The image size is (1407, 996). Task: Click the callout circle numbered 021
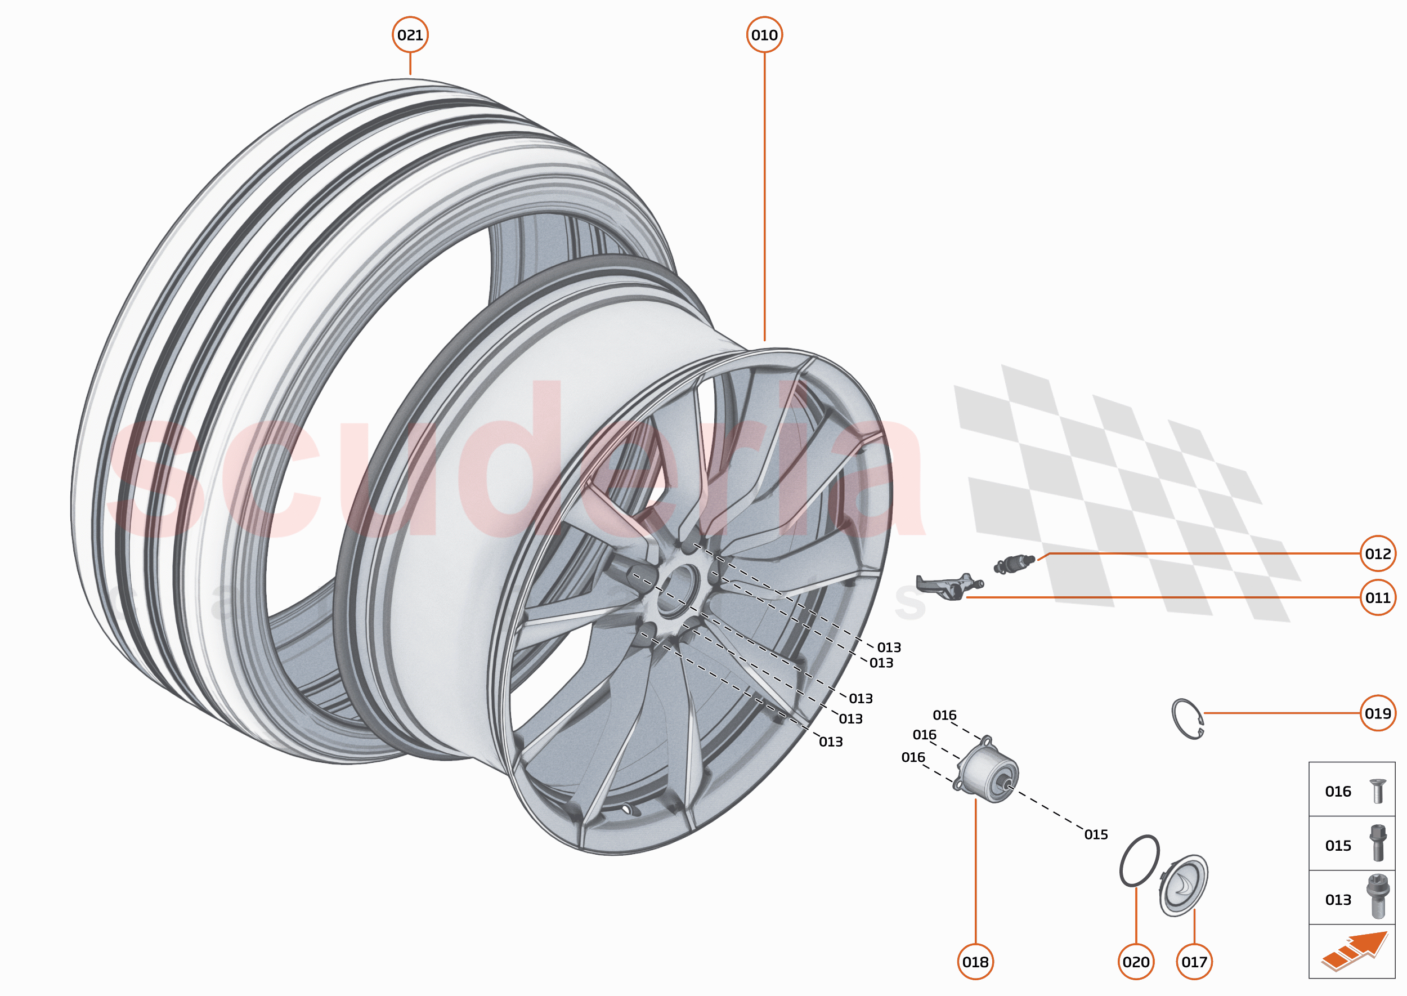[x=410, y=35]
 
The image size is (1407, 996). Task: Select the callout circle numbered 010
[x=764, y=35]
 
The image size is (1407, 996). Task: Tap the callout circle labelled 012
[x=1378, y=554]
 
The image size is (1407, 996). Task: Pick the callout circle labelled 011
[x=1378, y=598]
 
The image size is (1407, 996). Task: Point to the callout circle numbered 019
[x=1378, y=713]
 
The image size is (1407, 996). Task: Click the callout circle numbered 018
[x=975, y=962]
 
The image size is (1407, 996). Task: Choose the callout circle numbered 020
[x=1136, y=962]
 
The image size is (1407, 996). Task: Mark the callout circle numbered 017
[x=1194, y=962]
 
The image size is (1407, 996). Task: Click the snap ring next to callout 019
[x=1187, y=719]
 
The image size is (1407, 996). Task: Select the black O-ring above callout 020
[x=1139, y=860]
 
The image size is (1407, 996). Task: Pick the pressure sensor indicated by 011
[x=947, y=587]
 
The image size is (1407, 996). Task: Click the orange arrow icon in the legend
[x=1355, y=951]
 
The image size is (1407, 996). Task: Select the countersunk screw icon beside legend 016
[x=1378, y=791]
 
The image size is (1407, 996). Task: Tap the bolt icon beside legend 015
[x=1378, y=843]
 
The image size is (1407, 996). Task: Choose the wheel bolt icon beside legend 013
[x=1378, y=897]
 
